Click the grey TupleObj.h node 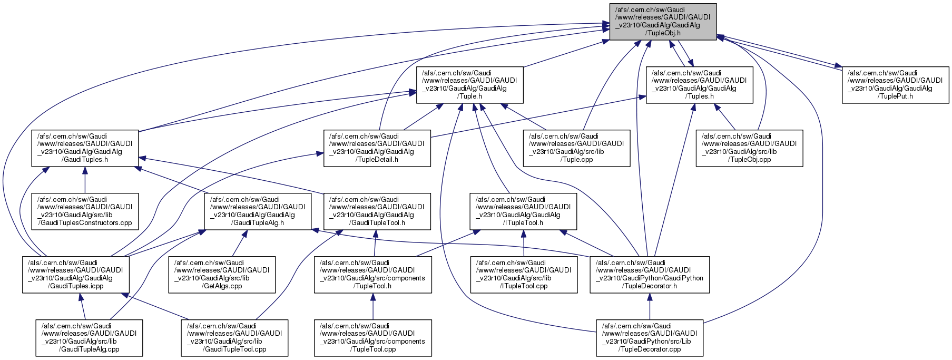[663, 22]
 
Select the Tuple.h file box [469, 84]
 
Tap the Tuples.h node [699, 84]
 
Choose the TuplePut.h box [895, 84]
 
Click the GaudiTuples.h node [85, 148]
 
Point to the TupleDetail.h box [377, 148]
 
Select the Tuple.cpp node [576, 148]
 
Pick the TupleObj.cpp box [749, 148]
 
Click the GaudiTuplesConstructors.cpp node [85, 211]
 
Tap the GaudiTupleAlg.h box [258, 211]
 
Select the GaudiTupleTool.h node [377, 211]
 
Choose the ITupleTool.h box [523, 211]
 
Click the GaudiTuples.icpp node [75, 275]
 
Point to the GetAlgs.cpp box [222, 275]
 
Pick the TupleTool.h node [373, 275]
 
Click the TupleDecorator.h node [650, 275]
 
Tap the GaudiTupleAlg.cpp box [89, 338]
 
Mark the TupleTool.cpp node [373, 338]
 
